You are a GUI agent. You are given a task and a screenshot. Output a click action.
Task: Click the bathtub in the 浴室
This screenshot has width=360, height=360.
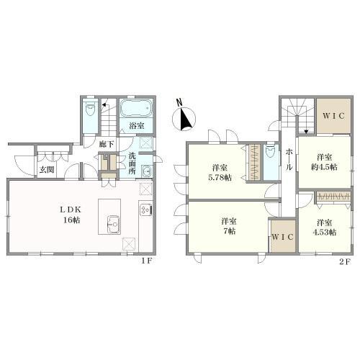[136, 109]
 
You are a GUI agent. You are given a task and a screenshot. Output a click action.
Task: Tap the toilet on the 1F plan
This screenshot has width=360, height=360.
[90, 109]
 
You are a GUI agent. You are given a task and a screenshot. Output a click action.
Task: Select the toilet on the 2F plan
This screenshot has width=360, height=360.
[271, 151]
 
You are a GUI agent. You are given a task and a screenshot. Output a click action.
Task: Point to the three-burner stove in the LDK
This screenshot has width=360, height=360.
[145, 210]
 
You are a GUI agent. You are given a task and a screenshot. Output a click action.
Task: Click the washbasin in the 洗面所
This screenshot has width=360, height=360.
[146, 171]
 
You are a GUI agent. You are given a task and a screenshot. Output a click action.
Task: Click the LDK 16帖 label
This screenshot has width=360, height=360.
[71, 215]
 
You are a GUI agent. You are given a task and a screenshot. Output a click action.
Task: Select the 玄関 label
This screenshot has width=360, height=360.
[47, 170]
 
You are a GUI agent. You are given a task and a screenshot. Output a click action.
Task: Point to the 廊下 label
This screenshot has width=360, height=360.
[107, 145]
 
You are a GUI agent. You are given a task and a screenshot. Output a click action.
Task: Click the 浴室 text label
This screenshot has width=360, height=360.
[137, 126]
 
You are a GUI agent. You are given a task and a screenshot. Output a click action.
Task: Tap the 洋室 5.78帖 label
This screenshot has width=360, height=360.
[220, 172]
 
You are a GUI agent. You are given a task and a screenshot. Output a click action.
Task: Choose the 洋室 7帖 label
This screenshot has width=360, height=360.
[229, 226]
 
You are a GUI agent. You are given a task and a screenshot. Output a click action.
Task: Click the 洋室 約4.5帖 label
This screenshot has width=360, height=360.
[324, 162]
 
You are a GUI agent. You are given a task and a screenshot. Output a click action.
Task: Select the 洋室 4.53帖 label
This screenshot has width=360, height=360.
[324, 228]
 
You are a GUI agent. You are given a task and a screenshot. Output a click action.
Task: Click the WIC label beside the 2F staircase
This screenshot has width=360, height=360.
[333, 116]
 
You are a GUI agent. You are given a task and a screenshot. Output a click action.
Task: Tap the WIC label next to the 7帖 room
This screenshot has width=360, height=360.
[283, 237]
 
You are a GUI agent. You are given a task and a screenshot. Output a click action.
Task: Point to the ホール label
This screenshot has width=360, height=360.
[289, 159]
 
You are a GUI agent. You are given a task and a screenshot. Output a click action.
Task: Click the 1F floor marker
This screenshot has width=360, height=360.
[146, 261]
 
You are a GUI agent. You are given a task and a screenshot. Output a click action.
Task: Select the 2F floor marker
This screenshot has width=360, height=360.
[346, 262]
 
